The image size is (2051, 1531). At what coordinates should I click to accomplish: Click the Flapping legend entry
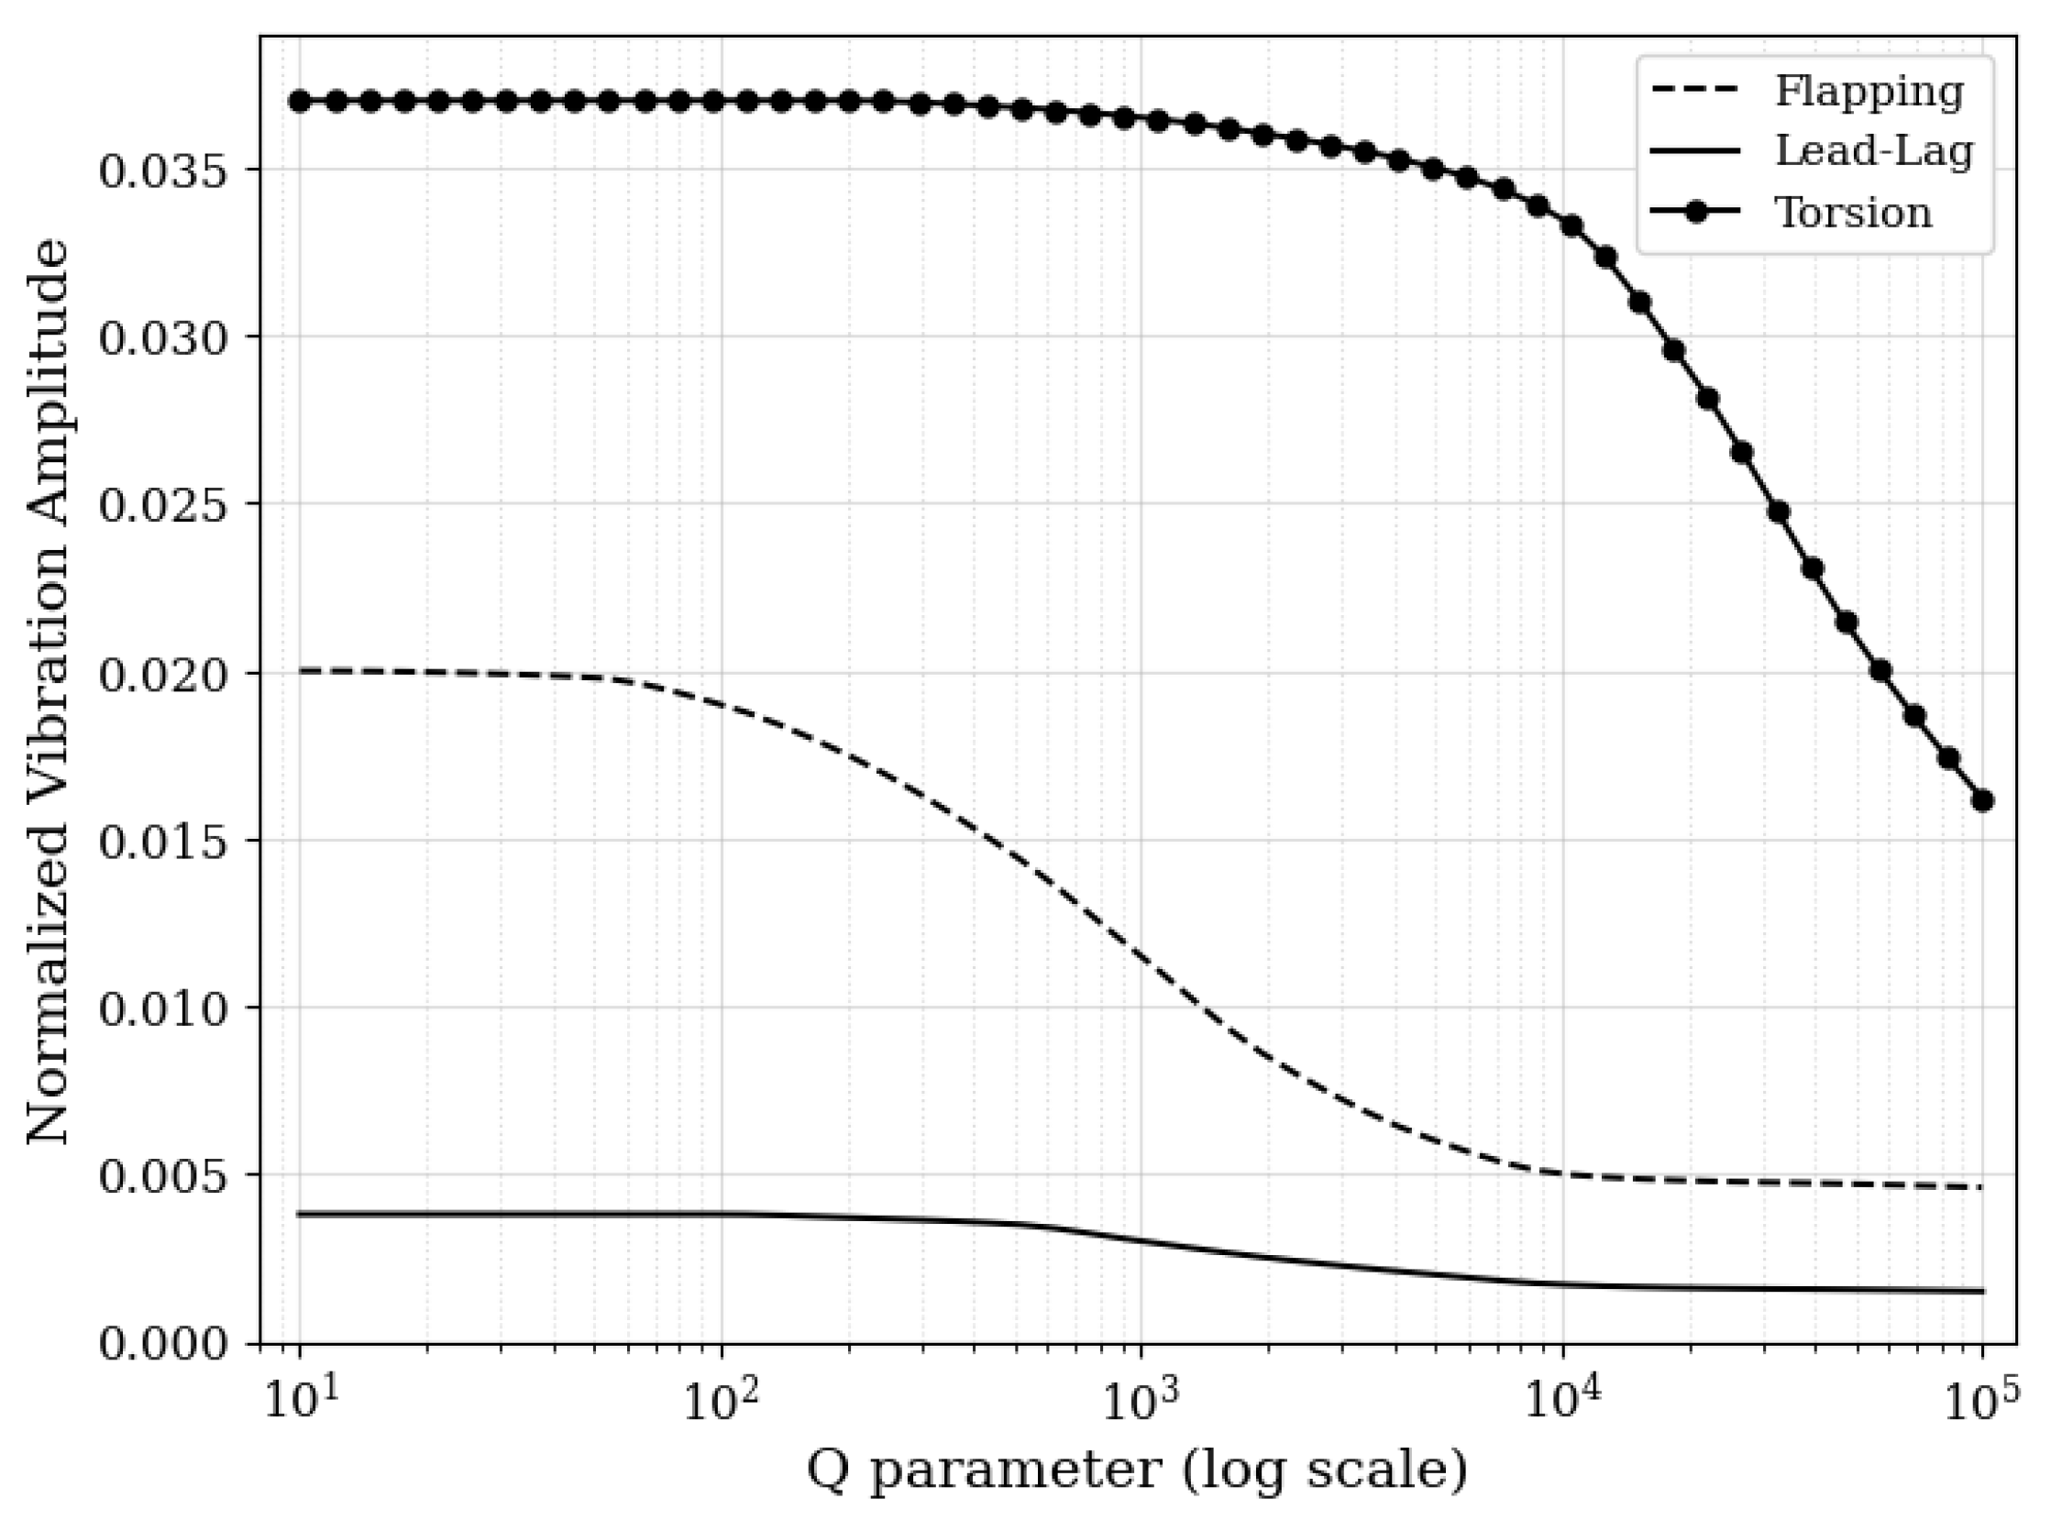pyautogui.click(x=1869, y=92)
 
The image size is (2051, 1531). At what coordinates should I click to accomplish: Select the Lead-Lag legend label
pyautogui.click(x=1873, y=151)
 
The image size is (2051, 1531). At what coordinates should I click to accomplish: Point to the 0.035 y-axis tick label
pyautogui.click(x=163, y=171)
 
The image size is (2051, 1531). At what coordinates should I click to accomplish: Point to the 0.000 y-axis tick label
pyautogui.click(x=163, y=1344)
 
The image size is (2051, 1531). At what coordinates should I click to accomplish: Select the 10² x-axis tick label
pyautogui.click(x=720, y=1400)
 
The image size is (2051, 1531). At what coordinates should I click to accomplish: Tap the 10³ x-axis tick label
pyautogui.click(x=1141, y=1400)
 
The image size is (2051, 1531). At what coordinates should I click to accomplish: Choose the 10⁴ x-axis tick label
pyautogui.click(x=1562, y=1400)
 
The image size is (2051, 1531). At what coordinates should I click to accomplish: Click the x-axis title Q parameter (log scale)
pyautogui.click(x=1137, y=1470)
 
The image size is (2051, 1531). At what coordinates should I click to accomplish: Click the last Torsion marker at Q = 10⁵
pyautogui.click(x=1982, y=800)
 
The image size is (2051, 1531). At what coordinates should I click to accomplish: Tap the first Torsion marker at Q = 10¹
pyautogui.click(x=300, y=101)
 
